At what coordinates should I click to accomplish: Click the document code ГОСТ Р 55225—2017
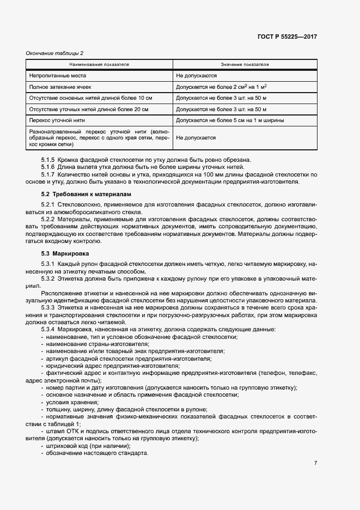click(x=287, y=37)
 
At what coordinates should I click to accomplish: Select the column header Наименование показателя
click(x=99, y=64)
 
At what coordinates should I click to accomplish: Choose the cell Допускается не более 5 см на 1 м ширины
click(x=229, y=120)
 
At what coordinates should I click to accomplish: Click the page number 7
click(x=315, y=463)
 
